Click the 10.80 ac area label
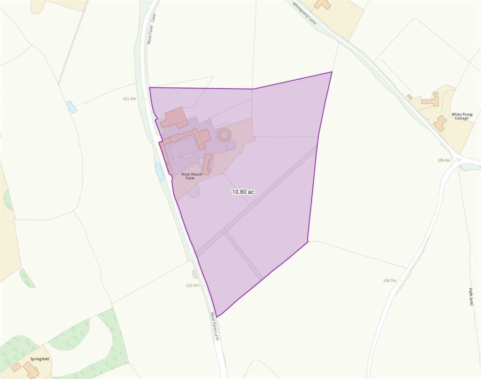click(x=243, y=192)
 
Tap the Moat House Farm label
click(x=192, y=176)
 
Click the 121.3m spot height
click(x=129, y=99)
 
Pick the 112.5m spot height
click(x=193, y=285)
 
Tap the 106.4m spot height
click(x=444, y=160)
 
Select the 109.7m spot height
click(x=389, y=280)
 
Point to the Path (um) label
click(x=470, y=296)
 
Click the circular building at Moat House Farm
click(x=225, y=135)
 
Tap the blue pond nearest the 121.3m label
click(x=72, y=106)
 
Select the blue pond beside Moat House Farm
click(x=160, y=172)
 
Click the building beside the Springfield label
click(x=31, y=371)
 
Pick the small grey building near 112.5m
click(x=194, y=274)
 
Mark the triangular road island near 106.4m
click(x=459, y=160)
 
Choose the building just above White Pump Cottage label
click(x=440, y=123)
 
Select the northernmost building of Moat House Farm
click(x=174, y=117)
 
